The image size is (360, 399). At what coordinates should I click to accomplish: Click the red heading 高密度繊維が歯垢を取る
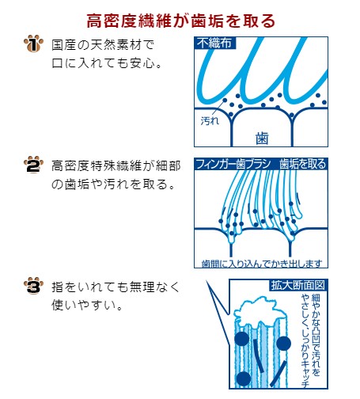180,21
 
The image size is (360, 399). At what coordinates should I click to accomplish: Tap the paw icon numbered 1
33,44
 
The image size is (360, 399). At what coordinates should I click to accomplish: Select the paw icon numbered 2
33,165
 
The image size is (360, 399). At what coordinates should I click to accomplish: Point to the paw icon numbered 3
33,286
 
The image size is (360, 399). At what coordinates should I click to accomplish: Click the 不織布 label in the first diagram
214,43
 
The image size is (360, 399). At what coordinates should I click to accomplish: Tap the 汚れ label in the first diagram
210,121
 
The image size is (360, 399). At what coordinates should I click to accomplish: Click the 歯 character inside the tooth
262,138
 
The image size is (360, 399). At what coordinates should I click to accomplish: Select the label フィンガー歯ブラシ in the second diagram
233,164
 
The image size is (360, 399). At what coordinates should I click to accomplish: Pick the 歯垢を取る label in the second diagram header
302,164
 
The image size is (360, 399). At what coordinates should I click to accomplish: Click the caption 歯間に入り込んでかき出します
262,264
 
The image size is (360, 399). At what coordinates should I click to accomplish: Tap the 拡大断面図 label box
298,285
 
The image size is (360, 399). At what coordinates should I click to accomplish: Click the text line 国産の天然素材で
103,45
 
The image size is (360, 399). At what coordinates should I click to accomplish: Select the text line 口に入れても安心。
107,63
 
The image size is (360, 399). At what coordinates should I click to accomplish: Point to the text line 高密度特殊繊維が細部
116,166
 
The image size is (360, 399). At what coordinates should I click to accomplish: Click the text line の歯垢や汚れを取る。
113,184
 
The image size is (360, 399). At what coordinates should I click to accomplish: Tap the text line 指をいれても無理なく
116,287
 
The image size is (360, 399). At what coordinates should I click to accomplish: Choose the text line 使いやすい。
87,305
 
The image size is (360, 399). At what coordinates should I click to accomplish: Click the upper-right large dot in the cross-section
284,344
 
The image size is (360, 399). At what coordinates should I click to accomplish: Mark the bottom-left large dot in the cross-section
243,378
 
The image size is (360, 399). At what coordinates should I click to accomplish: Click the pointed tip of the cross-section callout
207,282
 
